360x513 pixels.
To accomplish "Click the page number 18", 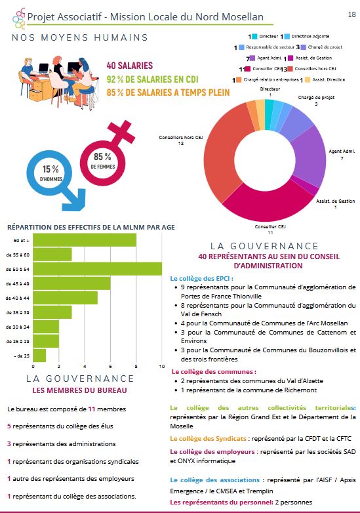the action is pyautogui.click(x=352, y=14).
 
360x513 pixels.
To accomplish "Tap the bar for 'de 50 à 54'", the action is pyautogui.click(x=98, y=269).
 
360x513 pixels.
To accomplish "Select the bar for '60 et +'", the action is pyautogui.click(x=85, y=240).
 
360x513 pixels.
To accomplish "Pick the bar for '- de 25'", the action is pyautogui.click(x=39, y=356).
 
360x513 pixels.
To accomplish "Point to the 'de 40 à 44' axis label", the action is pyautogui.click(x=17, y=298).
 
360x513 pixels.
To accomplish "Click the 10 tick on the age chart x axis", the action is pyautogui.click(x=162, y=367).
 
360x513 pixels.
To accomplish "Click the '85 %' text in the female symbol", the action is pyautogui.click(x=102, y=157).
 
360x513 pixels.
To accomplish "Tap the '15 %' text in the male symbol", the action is pyautogui.click(x=50, y=169).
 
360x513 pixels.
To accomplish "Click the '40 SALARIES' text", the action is pyautogui.click(x=129, y=66).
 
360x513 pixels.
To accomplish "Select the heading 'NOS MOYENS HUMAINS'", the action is pyautogui.click(x=80, y=37).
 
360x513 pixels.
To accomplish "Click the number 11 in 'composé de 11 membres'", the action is pyautogui.click(x=92, y=409).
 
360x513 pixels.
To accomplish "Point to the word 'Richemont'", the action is pyautogui.click(x=301, y=390).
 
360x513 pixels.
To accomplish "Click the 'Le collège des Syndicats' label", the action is pyautogui.click(x=208, y=439).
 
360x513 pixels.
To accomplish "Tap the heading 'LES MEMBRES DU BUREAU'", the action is pyautogui.click(x=79, y=390).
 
